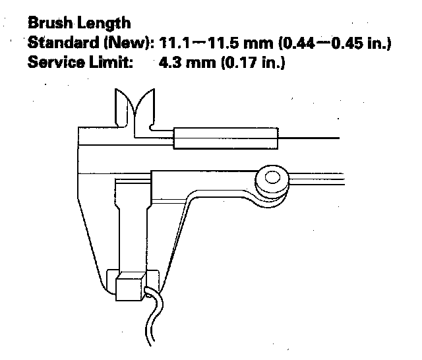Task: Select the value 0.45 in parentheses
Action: (x=357, y=44)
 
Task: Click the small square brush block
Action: (x=130, y=287)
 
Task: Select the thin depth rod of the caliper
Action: (x=310, y=138)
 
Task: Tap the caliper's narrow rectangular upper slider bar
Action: (x=224, y=138)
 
